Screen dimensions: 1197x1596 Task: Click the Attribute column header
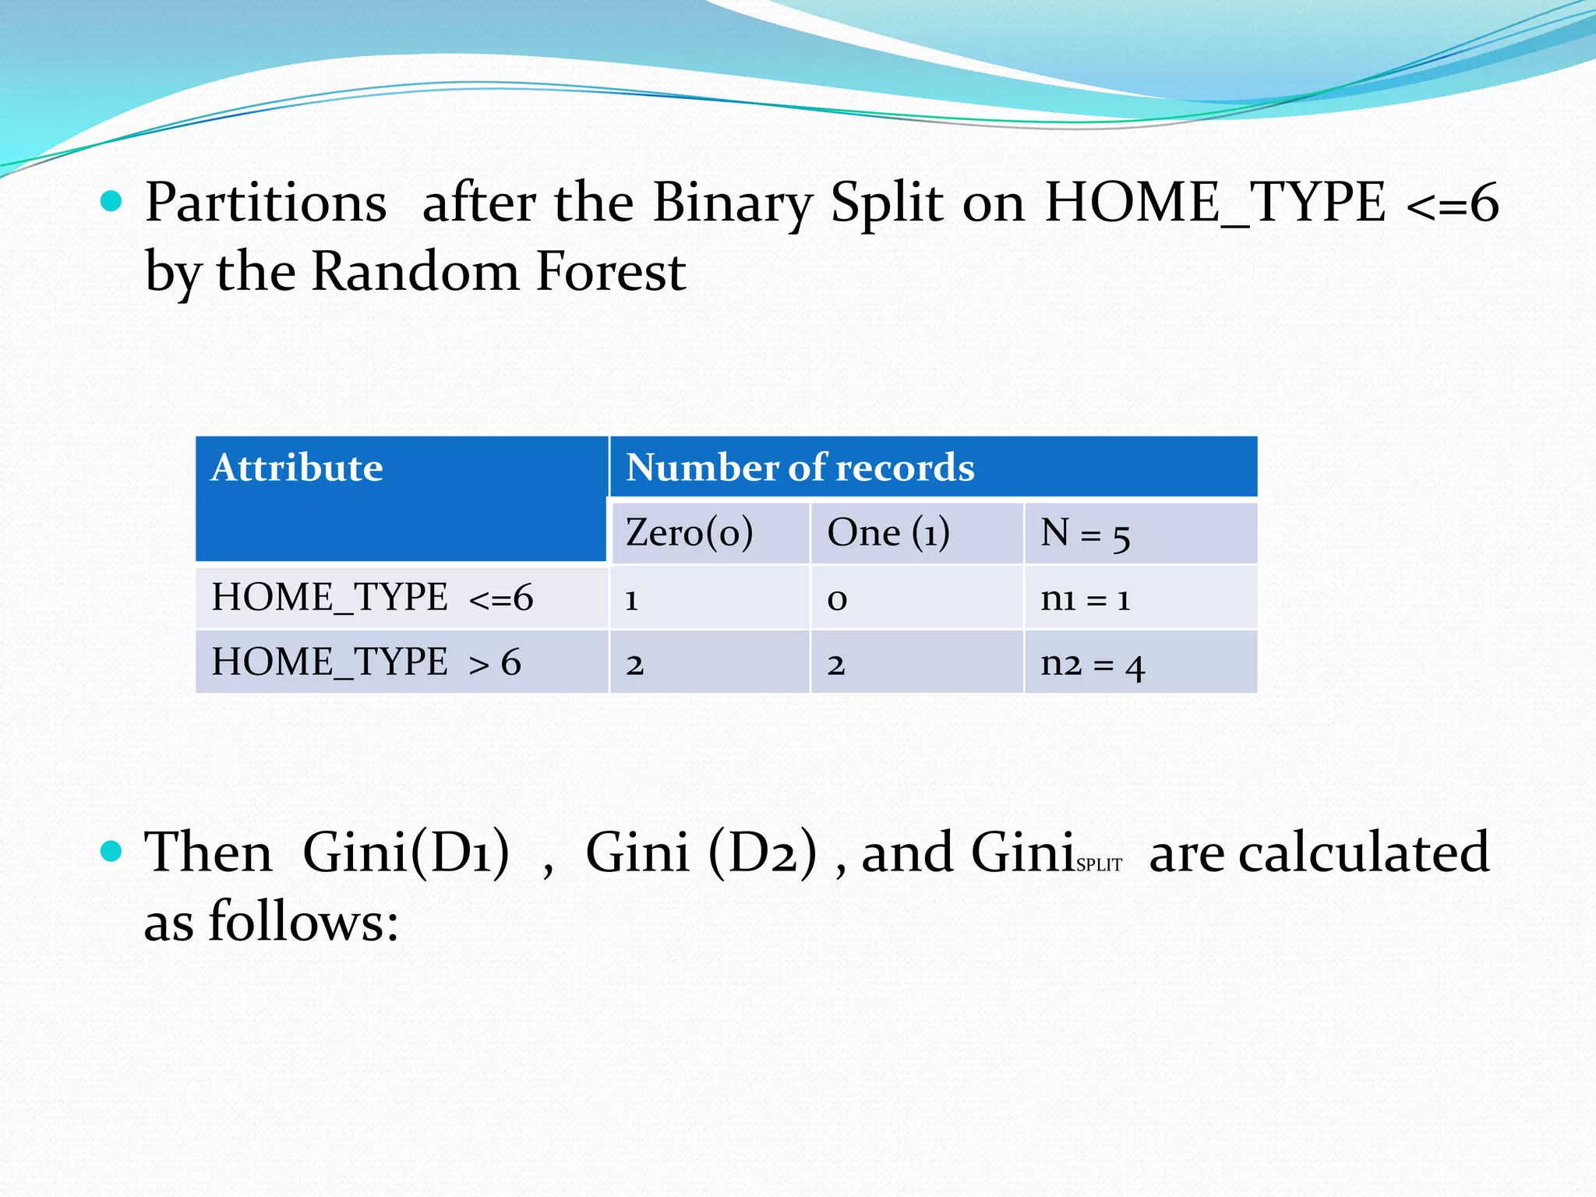pos(297,468)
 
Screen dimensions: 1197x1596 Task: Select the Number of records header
pos(800,468)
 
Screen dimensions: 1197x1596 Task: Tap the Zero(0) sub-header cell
pos(689,533)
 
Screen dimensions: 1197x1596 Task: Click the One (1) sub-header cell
pos(888,533)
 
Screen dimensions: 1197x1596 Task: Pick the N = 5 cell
pos(1085,535)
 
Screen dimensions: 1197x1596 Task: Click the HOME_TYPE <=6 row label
pos(372,598)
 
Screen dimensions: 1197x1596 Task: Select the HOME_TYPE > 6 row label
pos(366,662)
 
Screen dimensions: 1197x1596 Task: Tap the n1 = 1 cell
pos(1085,598)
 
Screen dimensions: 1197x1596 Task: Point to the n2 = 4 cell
pos(1092,664)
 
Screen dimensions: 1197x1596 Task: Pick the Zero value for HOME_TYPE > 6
pos(634,665)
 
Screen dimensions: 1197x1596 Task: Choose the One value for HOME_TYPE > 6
pos(835,665)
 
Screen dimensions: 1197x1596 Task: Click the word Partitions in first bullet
pos(266,203)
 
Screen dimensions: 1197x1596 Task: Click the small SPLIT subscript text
pos(1099,864)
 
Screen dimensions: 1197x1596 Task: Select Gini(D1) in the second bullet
pos(406,853)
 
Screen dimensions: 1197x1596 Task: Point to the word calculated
pos(1364,853)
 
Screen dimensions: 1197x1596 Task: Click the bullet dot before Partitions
pos(112,202)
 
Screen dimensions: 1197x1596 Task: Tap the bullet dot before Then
pos(112,851)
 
